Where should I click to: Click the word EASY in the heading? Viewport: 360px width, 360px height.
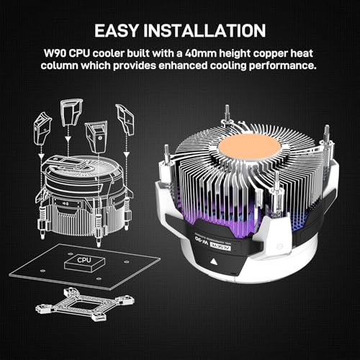pos(117,30)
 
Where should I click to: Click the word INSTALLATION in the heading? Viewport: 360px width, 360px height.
pos(204,30)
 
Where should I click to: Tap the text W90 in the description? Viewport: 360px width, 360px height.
pos(55,53)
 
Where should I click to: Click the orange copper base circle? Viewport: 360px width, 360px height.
pos(250,145)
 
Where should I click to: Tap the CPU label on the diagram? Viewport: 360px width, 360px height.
pos(84,260)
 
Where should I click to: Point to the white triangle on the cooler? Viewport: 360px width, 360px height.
pos(213,262)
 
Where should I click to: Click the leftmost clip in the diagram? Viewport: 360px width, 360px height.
pos(42,129)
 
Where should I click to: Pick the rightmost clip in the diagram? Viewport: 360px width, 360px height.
pos(125,119)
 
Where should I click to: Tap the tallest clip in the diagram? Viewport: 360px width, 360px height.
pos(71,112)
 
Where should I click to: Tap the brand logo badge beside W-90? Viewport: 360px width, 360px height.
pos(220,246)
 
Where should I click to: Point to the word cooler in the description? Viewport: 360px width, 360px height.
pos(108,53)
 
